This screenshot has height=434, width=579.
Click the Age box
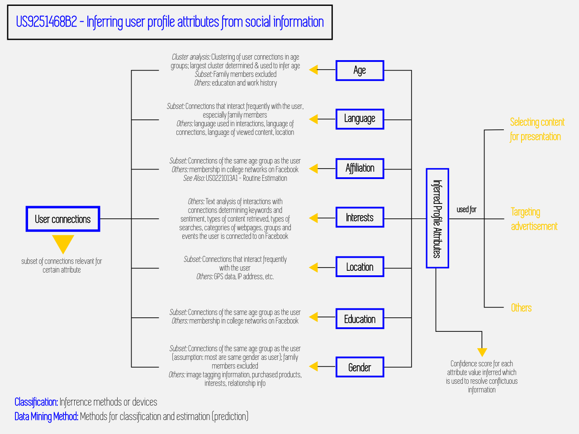pos(360,71)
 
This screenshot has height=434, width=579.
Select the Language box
pos(360,119)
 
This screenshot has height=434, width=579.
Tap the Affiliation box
pos(360,168)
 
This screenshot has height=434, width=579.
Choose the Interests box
pos(360,217)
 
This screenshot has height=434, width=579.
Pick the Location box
pos(360,267)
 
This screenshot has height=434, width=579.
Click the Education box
pos(360,319)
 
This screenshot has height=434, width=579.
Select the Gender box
pos(360,367)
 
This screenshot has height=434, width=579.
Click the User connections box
pos(63,219)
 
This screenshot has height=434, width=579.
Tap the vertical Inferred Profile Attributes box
pos(437,218)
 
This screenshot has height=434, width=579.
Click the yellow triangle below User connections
pos(63,243)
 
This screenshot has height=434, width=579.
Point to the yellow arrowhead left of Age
pos(313,70)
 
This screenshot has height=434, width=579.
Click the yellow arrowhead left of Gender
pos(313,367)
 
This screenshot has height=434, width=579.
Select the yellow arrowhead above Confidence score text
pos(482,352)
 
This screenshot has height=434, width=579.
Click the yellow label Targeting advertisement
pos(534,219)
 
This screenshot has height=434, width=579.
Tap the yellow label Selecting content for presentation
pos(537,129)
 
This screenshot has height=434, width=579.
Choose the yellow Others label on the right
pos(521,307)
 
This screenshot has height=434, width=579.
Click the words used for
pos(466,209)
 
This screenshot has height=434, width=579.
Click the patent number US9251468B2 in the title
pos(47,22)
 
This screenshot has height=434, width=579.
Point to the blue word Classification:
pos(36,402)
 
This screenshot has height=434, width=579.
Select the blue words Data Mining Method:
pos(47,417)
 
